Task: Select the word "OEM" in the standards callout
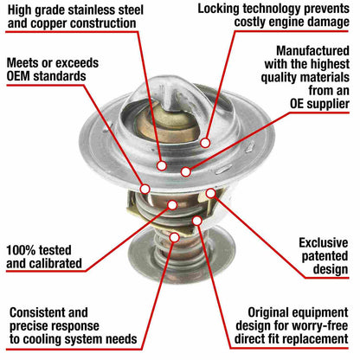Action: [x=18, y=76]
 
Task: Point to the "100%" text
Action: [x=21, y=250]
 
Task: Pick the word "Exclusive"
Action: [x=324, y=243]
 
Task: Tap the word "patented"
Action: [x=325, y=256]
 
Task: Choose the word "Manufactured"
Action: [x=313, y=51]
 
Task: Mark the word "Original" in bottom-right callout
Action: [x=269, y=312]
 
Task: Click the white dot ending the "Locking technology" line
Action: [x=205, y=143]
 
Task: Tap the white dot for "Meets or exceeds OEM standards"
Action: [x=145, y=189]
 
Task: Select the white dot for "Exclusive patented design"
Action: [x=211, y=193]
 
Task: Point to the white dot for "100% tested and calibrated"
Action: [x=172, y=205]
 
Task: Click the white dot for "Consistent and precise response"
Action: [x=175, y=237]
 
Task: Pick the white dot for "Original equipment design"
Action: [x=197, y=221]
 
